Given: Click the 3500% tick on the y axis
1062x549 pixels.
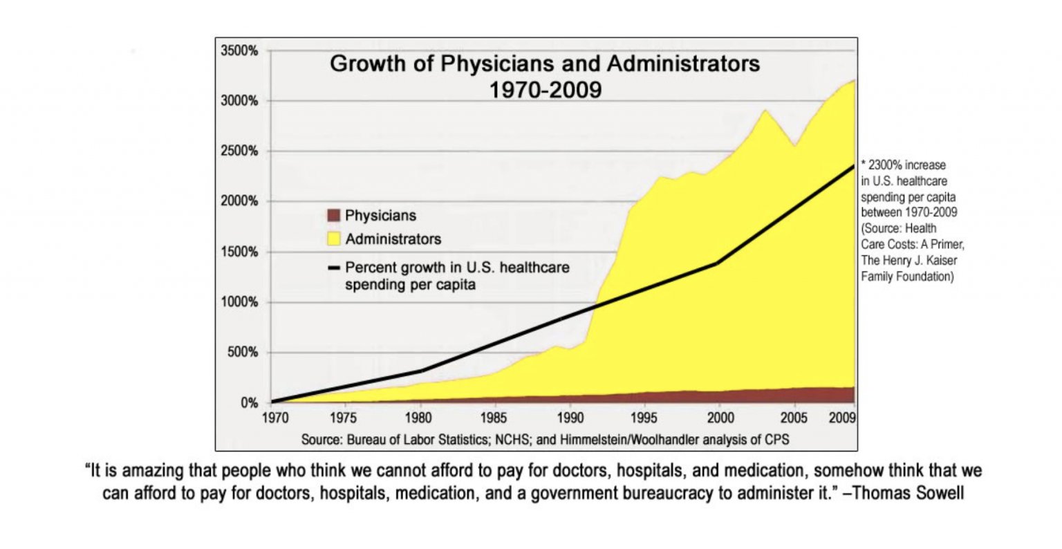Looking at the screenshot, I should tap(239, 51).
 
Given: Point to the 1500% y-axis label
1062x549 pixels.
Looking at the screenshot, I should tap(239, 252).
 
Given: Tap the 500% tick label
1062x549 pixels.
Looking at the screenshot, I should tap(242, 353).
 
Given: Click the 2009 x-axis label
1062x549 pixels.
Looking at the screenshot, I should tap(844, 418).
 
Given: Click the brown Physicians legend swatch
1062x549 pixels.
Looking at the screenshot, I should tap(334, 216).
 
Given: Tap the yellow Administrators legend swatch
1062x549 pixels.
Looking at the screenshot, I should tap(334, 239).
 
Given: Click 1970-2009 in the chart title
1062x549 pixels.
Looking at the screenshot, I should tap(546, 90).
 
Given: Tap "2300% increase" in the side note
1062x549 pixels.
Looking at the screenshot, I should tap(906, 166).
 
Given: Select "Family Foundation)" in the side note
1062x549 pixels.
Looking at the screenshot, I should tap(907, 277).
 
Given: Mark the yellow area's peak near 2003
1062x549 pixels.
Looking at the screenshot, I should tap(765, 110).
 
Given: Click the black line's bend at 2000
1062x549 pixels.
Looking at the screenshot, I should tap(718, 263).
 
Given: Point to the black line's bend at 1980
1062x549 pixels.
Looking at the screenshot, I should tap(420, 371).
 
